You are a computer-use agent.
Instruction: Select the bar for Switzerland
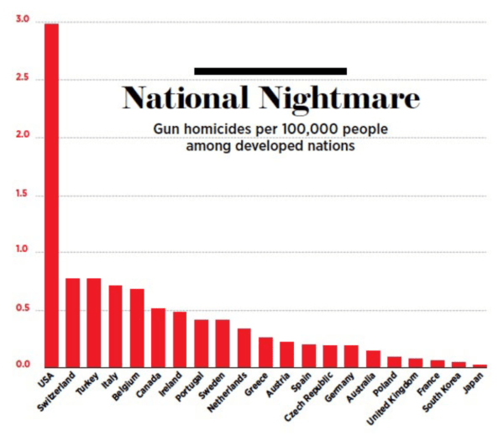tap(73, 323)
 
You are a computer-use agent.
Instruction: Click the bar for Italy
tap(116, 326)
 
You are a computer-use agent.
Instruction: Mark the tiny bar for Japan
tap(480, 365)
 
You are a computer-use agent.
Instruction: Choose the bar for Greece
tap(266, 352)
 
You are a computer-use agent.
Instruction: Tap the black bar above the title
tap(270, 71)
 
